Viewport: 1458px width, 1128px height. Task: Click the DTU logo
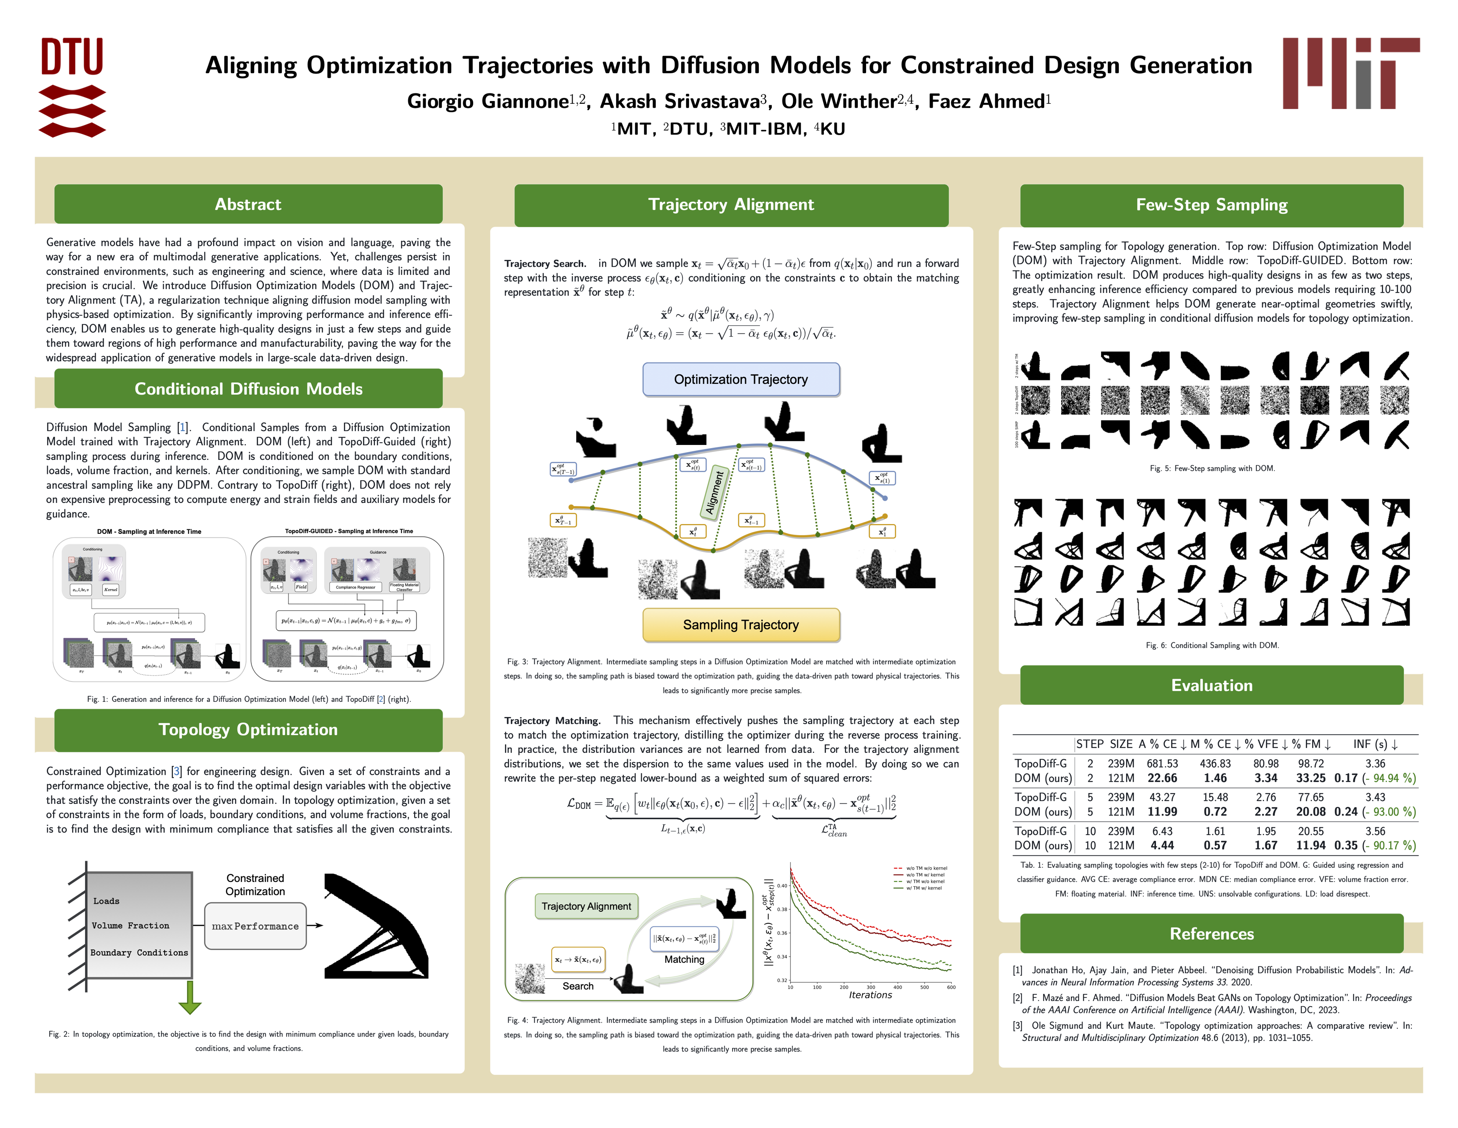72,87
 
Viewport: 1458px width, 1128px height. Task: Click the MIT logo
1351,73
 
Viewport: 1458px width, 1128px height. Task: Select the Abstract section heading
248,204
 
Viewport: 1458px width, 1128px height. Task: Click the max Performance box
255,926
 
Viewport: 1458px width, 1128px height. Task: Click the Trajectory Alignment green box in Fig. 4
586,906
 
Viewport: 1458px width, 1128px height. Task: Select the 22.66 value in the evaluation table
1162,778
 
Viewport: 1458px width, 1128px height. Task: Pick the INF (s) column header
1375,744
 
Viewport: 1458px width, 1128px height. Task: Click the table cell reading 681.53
1162,764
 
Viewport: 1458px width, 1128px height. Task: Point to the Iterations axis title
870,995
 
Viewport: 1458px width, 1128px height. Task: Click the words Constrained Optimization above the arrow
255,885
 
